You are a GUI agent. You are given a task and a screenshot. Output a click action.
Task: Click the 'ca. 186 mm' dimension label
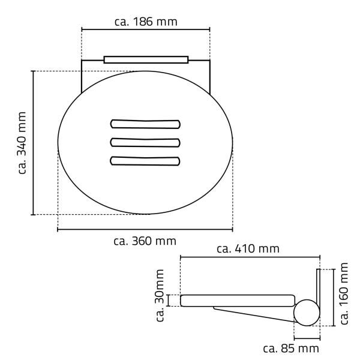click(x=146, y=22)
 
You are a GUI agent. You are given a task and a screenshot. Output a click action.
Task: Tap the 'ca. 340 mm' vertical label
click(x=22, y=143)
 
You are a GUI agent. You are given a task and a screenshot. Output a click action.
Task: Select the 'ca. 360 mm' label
click(x=145, y=241)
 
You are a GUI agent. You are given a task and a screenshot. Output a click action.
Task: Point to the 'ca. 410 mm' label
click(x=248, y=249)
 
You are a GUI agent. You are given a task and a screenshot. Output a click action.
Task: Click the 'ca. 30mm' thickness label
click(x=160, y=295)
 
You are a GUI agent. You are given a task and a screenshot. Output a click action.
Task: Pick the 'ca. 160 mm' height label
click(x=344, y=293)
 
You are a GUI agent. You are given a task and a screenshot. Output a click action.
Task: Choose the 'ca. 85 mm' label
click(x=291, y=349)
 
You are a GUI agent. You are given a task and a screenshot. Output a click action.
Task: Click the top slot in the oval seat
click(x=145, y=124)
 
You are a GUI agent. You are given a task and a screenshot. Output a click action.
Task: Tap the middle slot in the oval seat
click(x=145, y=143)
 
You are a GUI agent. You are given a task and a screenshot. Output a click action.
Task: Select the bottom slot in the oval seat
click(x=145, y=161)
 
